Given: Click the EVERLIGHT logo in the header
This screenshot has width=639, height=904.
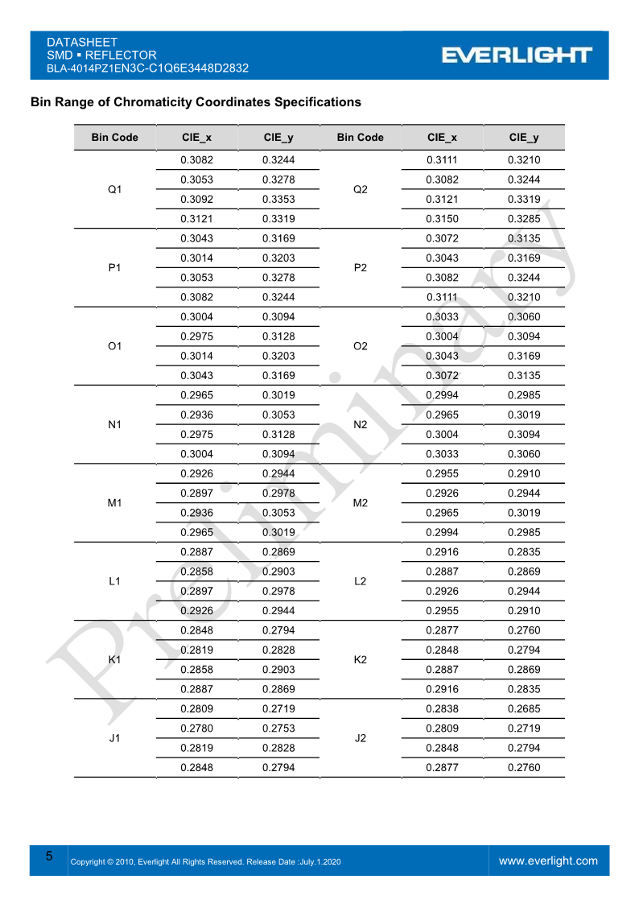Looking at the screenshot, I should coord(516,55).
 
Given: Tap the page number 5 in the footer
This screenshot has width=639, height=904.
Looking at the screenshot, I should coord(49,856).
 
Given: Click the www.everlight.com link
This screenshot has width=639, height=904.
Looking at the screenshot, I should coord(548,861).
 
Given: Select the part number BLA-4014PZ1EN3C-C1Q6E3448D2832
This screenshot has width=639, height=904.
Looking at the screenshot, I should coord(147,68).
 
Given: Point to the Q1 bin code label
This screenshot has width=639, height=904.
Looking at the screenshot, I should coord(114,189).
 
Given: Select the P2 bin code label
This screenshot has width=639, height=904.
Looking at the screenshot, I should coord(361,267).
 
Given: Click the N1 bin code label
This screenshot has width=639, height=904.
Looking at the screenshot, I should coord(114,424).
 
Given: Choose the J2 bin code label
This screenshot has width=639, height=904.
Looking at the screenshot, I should coord(361,738).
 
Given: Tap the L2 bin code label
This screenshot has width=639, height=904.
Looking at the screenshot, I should coord(361,581).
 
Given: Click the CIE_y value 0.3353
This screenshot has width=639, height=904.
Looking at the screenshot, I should coord(278,199).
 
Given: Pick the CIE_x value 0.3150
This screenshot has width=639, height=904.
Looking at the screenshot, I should coord(442,218).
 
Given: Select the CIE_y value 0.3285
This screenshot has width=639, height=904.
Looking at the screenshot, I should coord(524,218).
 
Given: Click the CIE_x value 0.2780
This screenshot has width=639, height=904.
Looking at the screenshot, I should coord(196,729).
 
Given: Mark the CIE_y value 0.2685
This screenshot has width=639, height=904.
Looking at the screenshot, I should coord(524,709).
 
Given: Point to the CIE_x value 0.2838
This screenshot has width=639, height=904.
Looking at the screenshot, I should coord(442,709).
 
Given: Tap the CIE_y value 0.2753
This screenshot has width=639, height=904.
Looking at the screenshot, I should coord(278,729).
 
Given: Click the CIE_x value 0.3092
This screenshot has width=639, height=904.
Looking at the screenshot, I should coord(196,199).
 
